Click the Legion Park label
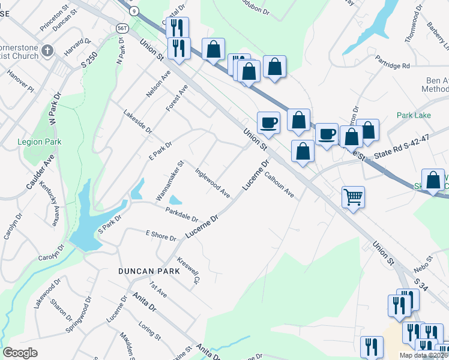click(x=40, y=142)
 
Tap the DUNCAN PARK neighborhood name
click(x=146, y=271)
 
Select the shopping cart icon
click(x=354, y=196)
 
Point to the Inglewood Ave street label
click(x=212, y=182)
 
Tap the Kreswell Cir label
click(x=188, y=271)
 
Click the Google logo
click(x=20, y=353)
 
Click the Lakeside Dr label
click(x=137, y=122)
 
